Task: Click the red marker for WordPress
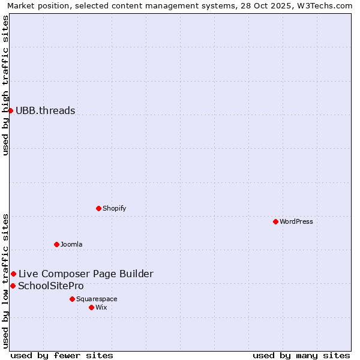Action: click(275, 221)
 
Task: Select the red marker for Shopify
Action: click(98, 208)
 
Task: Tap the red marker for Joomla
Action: click(56, 244)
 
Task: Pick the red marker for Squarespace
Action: click(72, 299)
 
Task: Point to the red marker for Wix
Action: click(91, 307)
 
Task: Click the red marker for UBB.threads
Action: click(10, 110)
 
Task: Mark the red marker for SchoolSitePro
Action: click(13, 286)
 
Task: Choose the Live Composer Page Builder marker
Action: click(13, 274)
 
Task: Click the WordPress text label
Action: click(296, 221)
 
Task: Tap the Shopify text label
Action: click(114, 208)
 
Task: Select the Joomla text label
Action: click(71, 244)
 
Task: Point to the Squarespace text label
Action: click(97, 299)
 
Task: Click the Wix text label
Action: click(101, 307)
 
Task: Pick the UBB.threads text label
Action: click(46, 110)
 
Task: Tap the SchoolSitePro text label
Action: click(51, 286)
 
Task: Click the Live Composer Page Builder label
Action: click(86, 274)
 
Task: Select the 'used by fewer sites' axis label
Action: click(62, 355)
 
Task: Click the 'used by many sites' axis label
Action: click(301, 355)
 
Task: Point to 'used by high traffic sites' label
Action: click(5, 85)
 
